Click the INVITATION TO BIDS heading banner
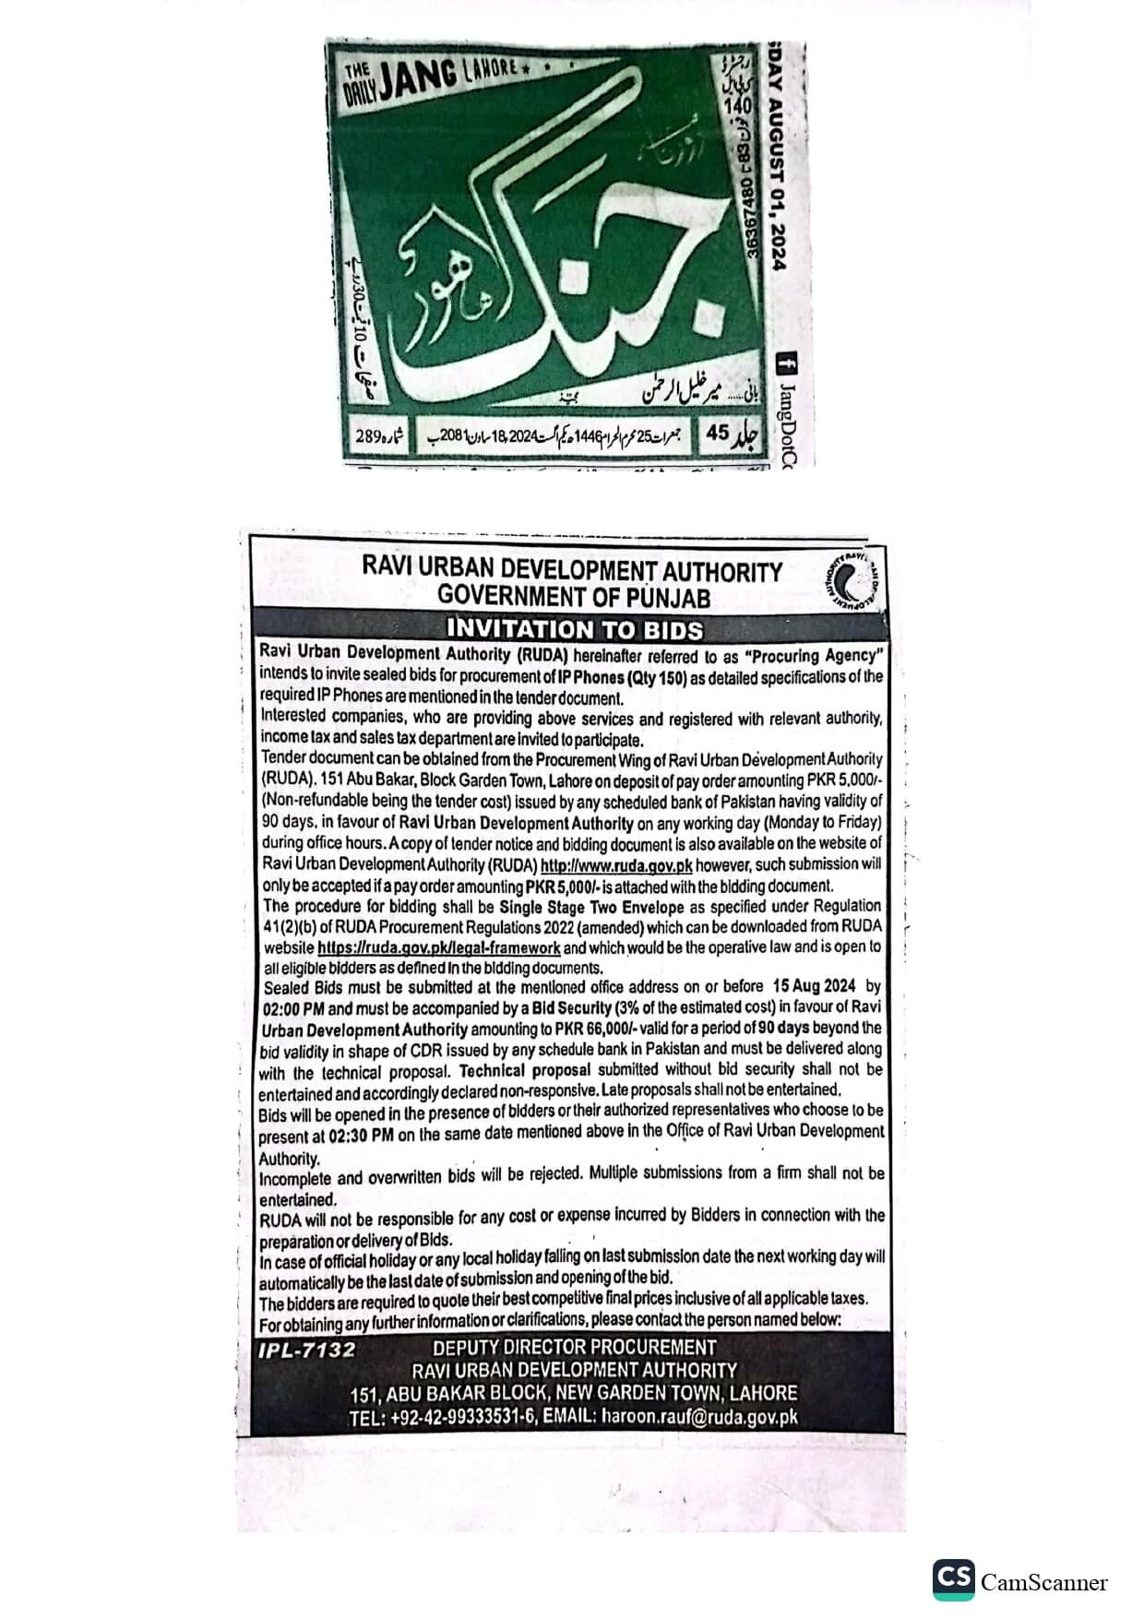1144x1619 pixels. coord(573,630)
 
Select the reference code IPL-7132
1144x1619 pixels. coord(306,1351)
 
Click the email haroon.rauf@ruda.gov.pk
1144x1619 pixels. coord(699,1418)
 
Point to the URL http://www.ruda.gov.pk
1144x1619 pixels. coord(615,866)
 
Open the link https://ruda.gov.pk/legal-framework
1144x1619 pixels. coord(438,947)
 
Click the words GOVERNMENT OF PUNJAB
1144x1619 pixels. coord(573,597)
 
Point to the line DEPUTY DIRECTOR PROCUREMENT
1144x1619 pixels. coord(574,1348)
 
